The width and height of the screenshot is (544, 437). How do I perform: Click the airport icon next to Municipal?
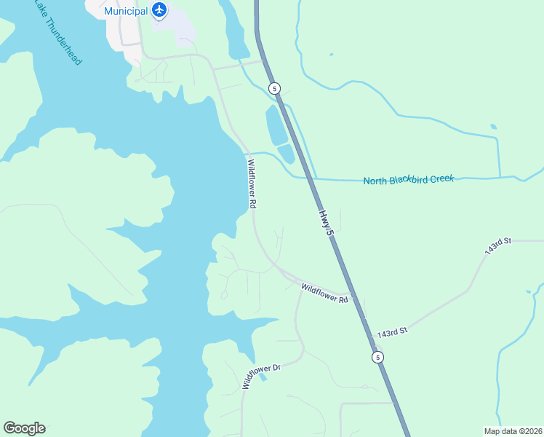point(159,10)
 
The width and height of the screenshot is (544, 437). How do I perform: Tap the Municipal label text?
point(126,11)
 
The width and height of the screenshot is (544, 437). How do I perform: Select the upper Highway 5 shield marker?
point(273,88)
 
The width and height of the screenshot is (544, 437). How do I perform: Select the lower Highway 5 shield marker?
point(377,357)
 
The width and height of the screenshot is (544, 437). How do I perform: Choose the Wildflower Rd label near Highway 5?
point(325,293)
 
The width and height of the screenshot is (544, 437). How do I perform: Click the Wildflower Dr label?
point(261,377)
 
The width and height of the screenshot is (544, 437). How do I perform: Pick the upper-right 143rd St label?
point(499,245)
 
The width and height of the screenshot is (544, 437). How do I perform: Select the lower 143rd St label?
point(391,333)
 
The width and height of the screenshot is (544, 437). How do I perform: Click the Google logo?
point(24,428)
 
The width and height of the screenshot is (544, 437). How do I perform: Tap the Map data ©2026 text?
point(513,431)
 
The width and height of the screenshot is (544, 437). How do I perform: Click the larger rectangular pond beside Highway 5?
point(276,125)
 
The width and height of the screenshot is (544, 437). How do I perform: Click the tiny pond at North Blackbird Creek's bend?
point(493,127)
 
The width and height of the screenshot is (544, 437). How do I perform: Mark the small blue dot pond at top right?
point(331,54)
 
